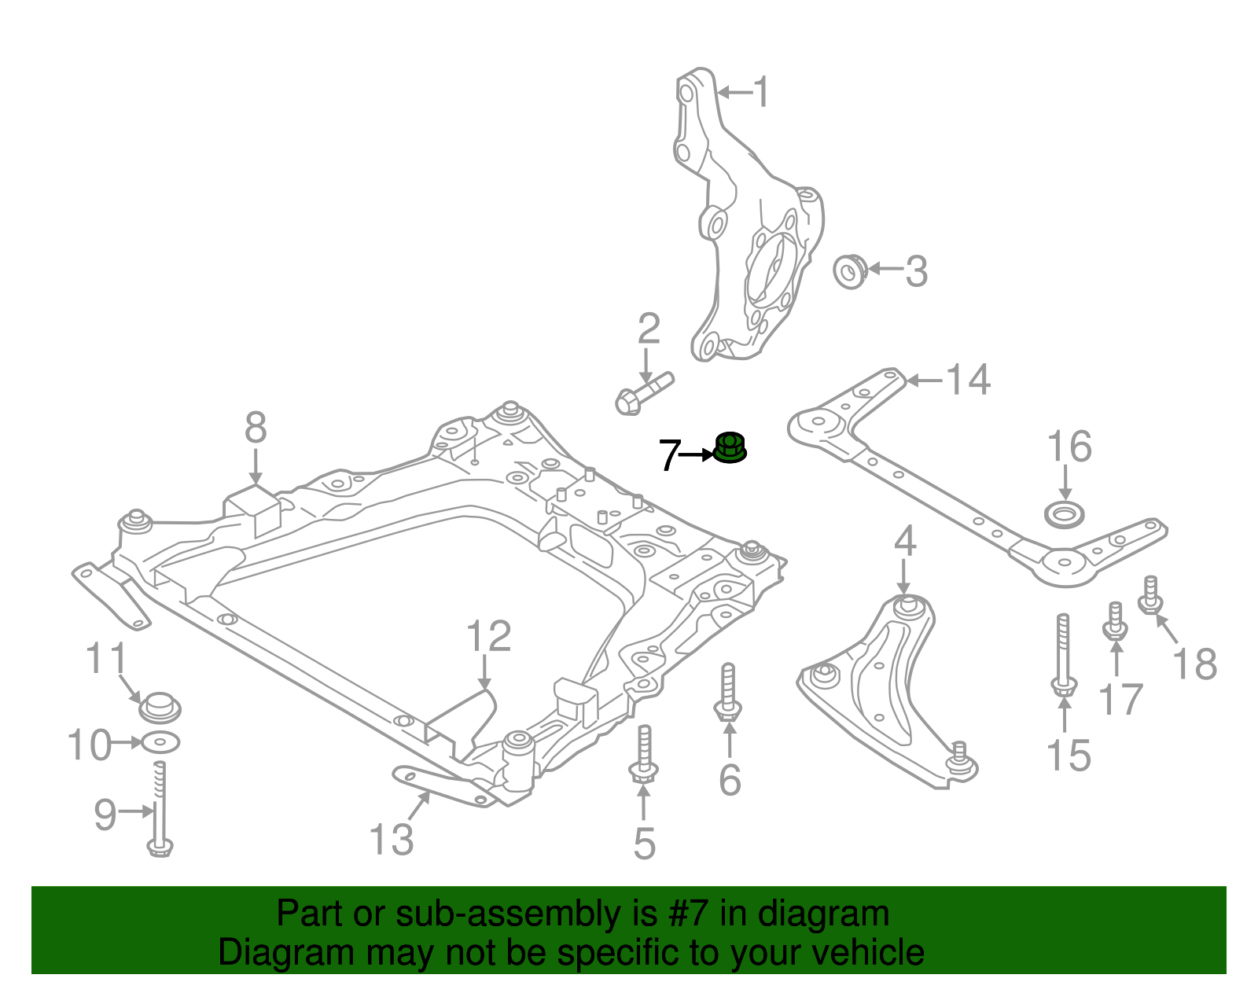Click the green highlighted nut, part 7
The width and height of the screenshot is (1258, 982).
[x=730, y=449]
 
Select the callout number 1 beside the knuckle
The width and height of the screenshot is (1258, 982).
[x=760, y=92]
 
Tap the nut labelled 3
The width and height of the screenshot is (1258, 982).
[x=849, y=270]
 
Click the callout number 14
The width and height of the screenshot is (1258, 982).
[x=967, y=380]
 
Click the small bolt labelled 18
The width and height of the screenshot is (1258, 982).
[x=1150, y=596]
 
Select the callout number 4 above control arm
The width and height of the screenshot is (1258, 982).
[x=905, y=542]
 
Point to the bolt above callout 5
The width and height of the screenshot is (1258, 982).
[x=643, y=755]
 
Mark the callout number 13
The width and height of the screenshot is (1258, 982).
[x=391, y=839]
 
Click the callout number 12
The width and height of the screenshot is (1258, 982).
[x=488, y=636]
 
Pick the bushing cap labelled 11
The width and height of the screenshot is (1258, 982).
[x=160, y=705]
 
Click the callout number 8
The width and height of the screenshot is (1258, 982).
[x=256, y=428]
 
